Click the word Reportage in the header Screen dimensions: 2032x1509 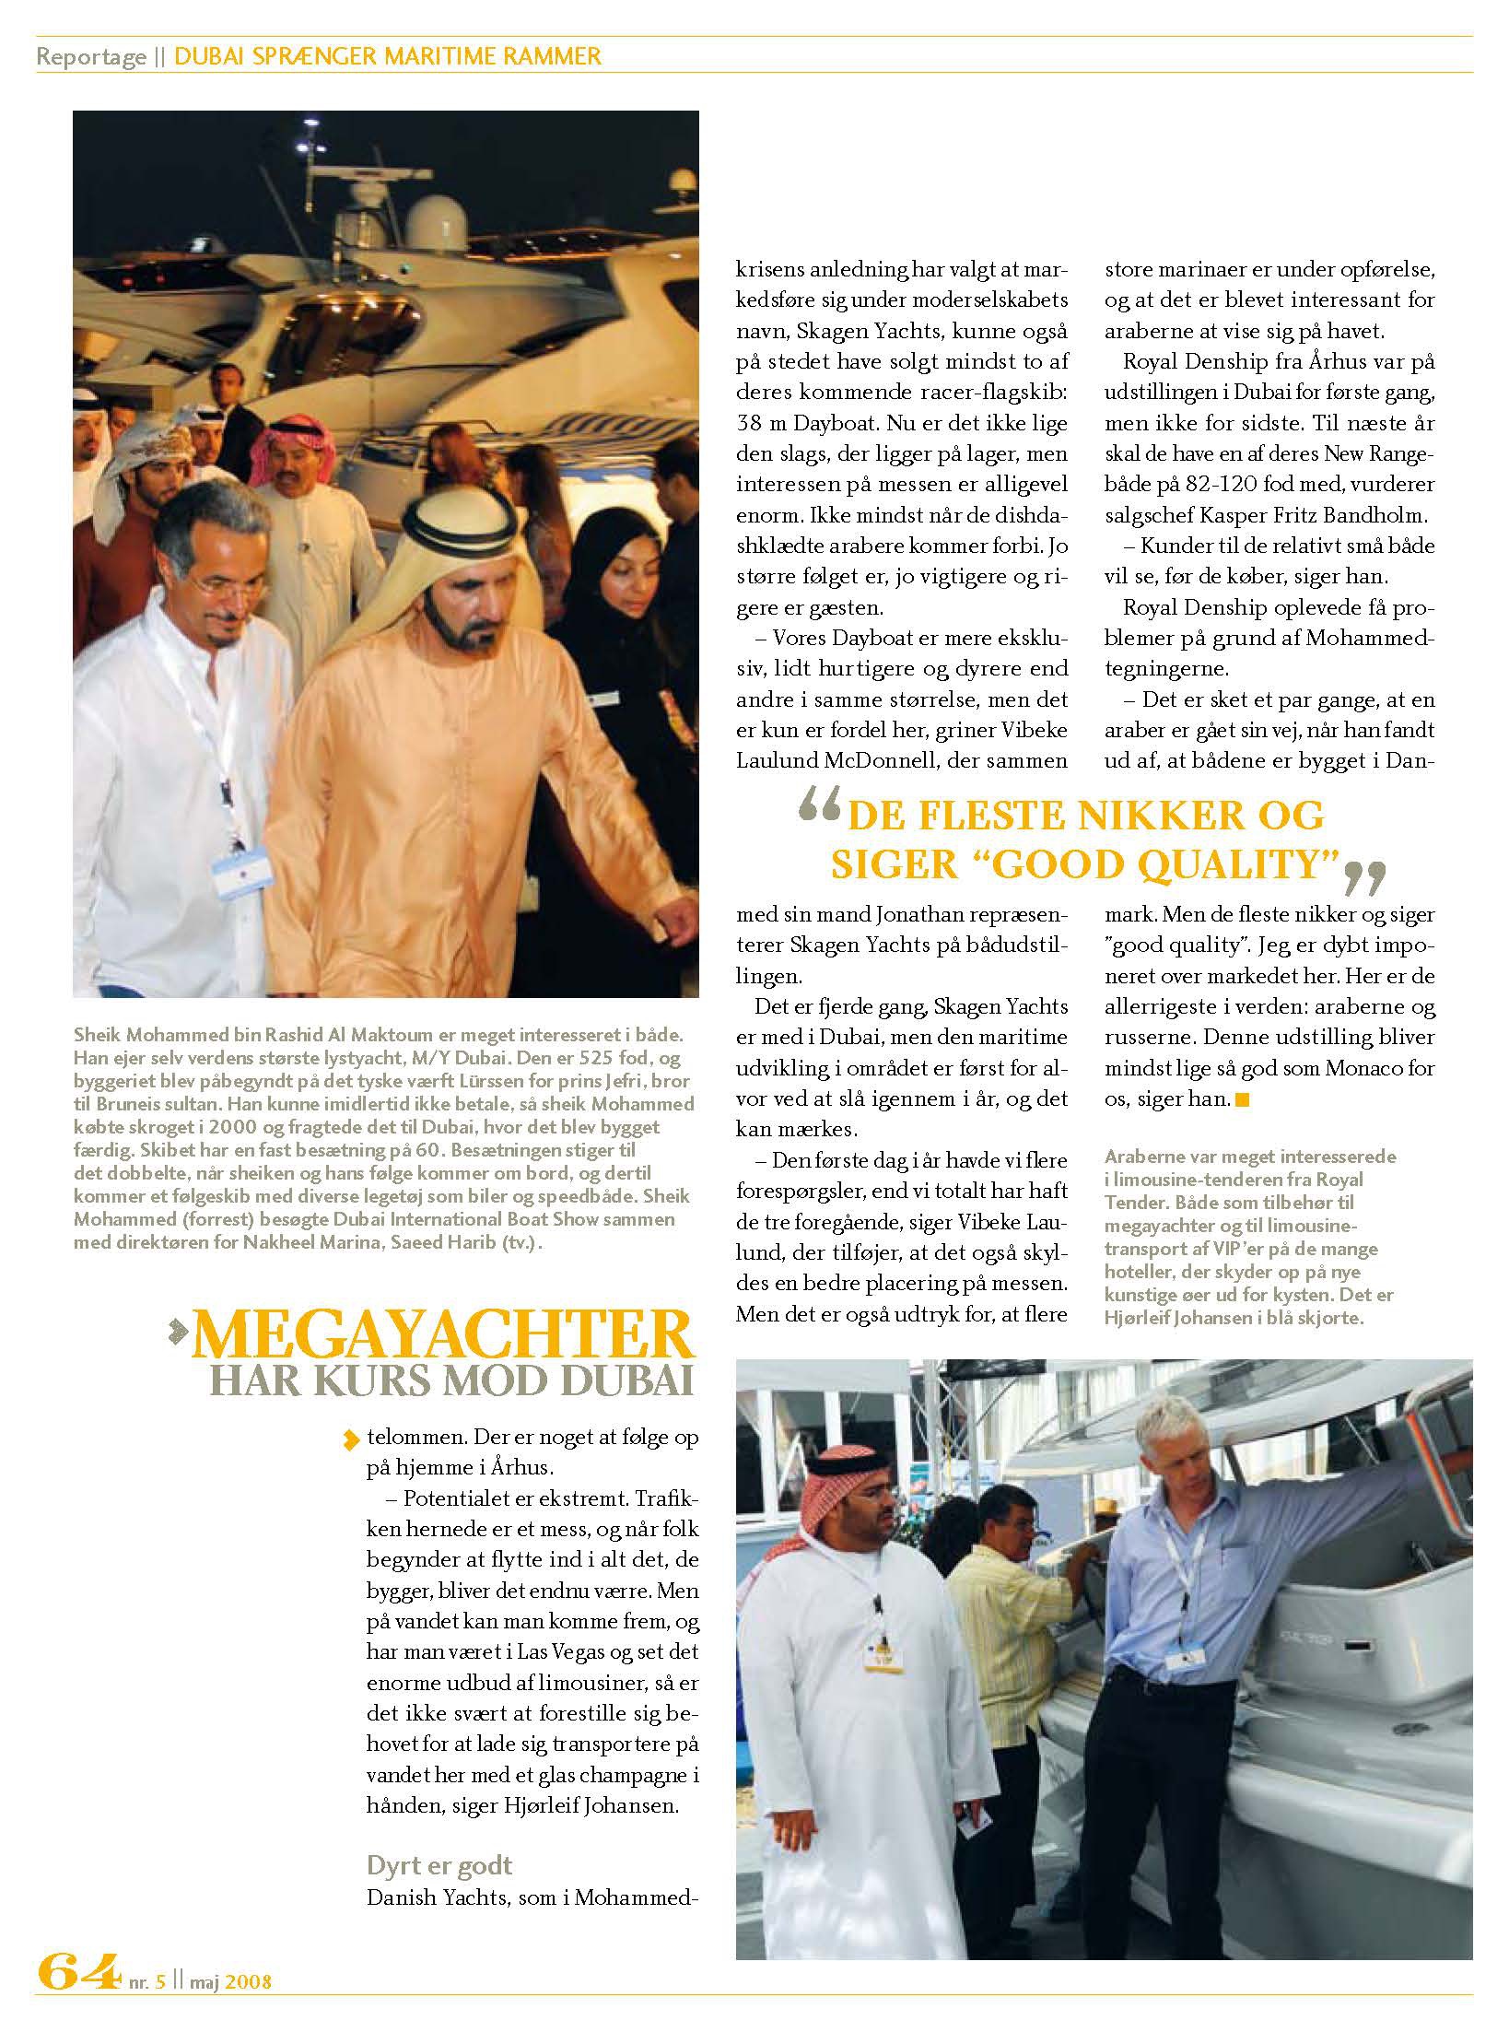[90, 57]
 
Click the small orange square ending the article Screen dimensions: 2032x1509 [1243, 1098]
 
